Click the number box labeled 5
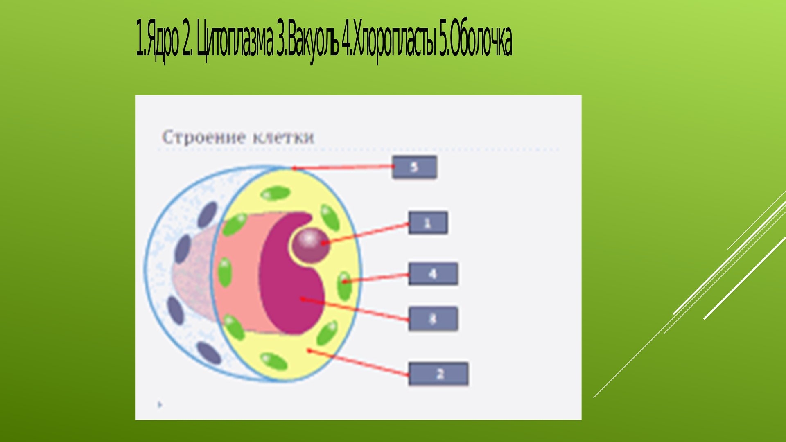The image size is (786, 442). pos(414,167)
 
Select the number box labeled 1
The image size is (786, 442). pos(428,223)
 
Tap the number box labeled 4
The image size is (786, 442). pos(433,274)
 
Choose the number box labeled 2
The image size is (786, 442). pos(438,374)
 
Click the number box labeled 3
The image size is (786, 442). pos(433,319)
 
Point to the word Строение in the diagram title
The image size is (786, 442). pos(204,137)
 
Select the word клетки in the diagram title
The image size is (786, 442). pos(283,137)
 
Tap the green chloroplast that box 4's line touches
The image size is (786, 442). pos(344,285)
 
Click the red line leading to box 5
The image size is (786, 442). pos(343,167)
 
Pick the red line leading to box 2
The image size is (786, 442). pos(359,363)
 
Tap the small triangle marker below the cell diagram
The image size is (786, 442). pos(160,405)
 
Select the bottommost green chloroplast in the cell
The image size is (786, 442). pos(273,361)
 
